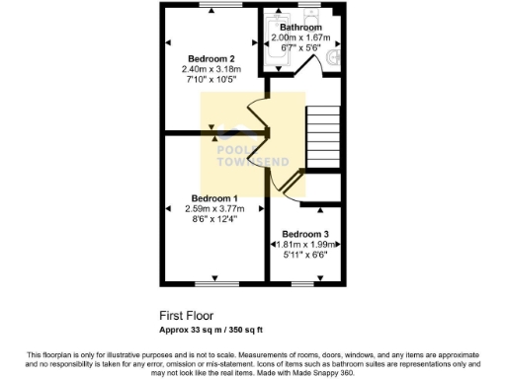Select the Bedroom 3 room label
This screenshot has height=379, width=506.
point(306,234)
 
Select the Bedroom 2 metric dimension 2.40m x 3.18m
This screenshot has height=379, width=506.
point(211,69)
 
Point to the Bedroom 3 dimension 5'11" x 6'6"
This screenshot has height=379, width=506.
point(306,255)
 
